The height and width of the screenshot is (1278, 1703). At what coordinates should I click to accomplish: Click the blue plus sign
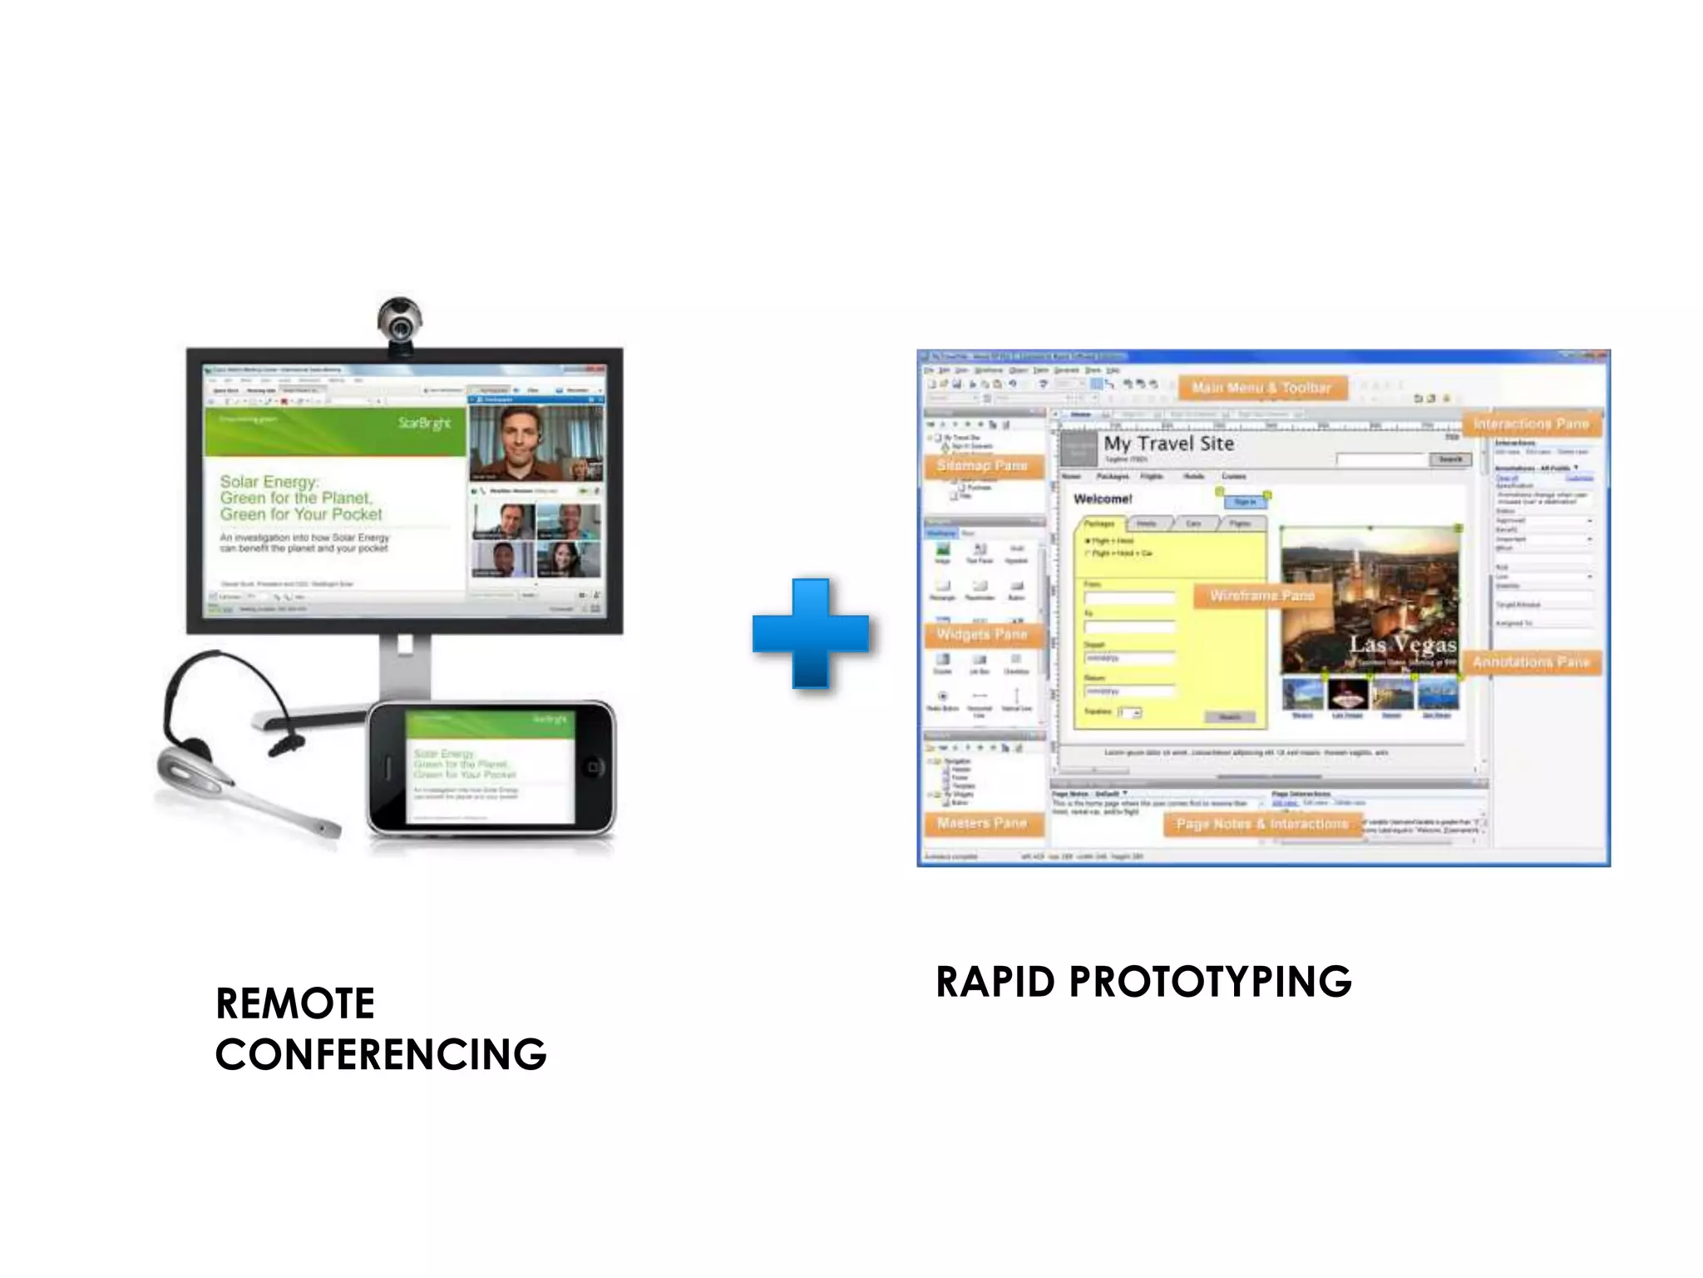click(811, 633)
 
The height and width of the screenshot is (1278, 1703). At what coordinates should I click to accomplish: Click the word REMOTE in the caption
click(295, 1003)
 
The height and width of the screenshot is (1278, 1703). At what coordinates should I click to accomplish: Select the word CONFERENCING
click(381, 1055)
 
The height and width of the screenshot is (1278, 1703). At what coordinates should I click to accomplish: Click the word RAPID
click(995, 982)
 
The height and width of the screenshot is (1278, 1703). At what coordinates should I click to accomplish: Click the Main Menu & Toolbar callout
click(1261, 388)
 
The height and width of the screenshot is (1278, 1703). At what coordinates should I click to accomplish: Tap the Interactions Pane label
click(1531, 424)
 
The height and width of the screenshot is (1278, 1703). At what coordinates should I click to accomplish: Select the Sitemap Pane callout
click(982, 466)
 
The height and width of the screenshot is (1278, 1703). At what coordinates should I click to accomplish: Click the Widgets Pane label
click(982, 635)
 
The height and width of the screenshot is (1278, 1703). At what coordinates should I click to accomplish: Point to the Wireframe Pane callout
click(1261, 596)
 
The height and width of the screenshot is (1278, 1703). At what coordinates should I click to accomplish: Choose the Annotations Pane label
click(1531, 662)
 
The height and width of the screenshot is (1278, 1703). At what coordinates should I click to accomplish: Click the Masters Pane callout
click(982, 824)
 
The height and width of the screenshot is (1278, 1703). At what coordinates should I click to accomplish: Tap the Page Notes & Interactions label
click(1261, 824)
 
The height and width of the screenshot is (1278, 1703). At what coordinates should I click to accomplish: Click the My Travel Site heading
click(1168, 444)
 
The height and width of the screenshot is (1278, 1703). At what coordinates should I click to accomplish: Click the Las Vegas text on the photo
click(1402, 645)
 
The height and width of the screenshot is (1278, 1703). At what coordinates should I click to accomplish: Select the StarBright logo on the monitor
click(424, 423)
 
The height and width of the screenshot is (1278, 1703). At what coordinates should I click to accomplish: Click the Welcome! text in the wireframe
click(1103, 499)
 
